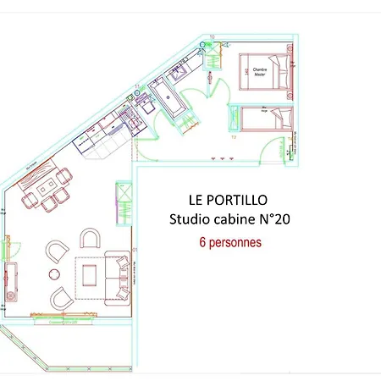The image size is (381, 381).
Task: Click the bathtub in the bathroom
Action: pos(173,101)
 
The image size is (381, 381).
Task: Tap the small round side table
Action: pos(55,273)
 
